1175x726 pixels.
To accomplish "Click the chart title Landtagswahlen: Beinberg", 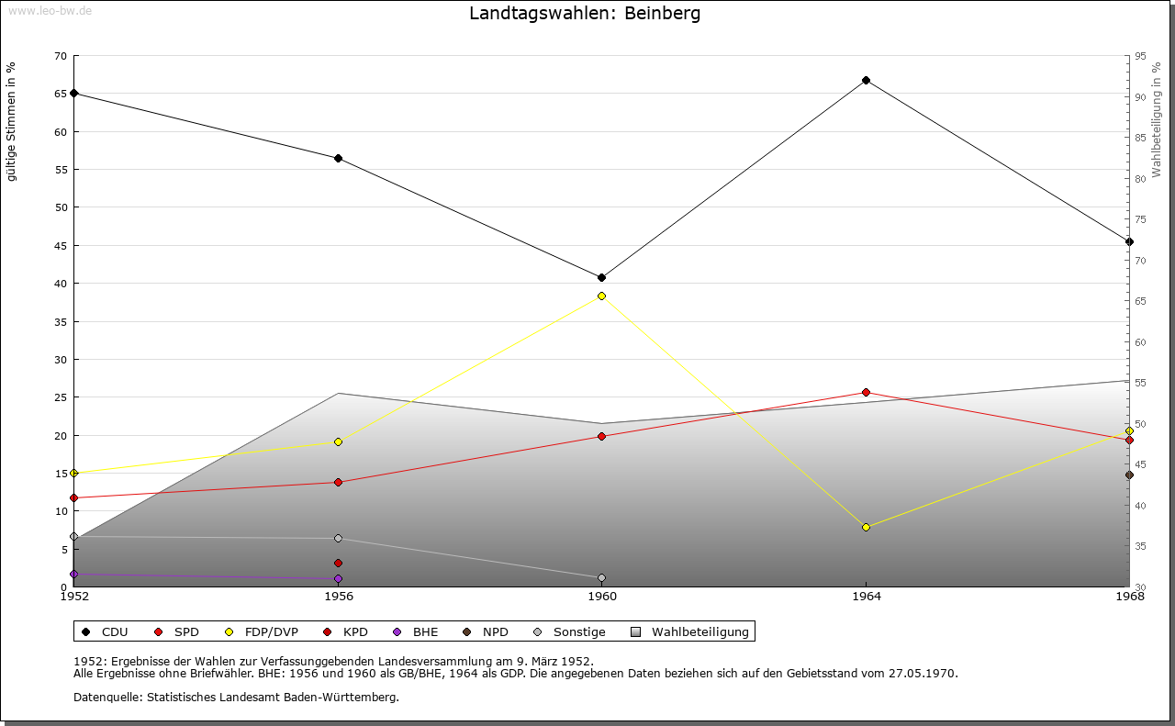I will (585, 13).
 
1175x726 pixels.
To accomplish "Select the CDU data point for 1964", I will (866, 80).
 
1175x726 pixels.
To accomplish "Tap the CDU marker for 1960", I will (601, 277).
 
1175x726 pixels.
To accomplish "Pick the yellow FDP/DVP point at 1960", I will (601, 296).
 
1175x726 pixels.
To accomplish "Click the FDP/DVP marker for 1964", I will (866, 527).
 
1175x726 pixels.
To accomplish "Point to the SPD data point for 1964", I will (866, 392).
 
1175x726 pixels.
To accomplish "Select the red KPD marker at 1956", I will (338, 563).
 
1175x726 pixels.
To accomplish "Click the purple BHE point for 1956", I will (338, 578).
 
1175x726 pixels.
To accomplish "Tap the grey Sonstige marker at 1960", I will (601, 577).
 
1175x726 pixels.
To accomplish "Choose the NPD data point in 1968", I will (1129, 475).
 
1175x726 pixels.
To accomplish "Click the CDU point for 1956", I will (338, 158).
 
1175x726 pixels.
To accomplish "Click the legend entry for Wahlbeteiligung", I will (699, 631).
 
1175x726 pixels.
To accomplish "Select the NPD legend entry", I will (495, 631).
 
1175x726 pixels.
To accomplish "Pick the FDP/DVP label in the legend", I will (271, 631).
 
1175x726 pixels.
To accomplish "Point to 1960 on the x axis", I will (602, 597).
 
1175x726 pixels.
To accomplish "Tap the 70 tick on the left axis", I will (61, 56).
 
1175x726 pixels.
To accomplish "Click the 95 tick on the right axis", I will (1140, 56).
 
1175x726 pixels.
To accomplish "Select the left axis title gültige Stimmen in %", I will (12, 121).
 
